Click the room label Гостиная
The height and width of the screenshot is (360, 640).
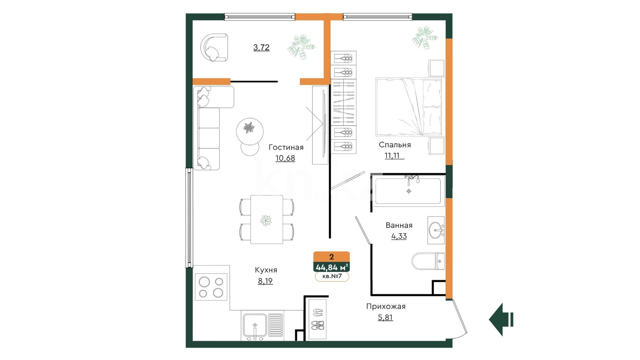tap(286, 147)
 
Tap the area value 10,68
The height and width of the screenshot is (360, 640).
tap(285, 158)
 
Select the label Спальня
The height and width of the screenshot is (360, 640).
tap(395, 145)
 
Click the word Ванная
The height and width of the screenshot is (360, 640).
tap(399, 225)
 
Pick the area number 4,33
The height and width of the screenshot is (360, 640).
tap(399, 236)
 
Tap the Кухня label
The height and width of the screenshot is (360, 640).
tap(266, 270)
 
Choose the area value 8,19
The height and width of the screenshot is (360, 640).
tap(265, 281)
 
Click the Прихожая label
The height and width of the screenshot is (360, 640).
tap(386, 306)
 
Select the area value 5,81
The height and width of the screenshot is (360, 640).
tap(385, 317)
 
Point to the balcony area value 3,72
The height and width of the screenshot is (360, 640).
tap(261, 47)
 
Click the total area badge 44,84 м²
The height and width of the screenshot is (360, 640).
tap(332, 267)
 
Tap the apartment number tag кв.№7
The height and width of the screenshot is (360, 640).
tap(332, 276)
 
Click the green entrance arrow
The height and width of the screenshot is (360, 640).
tap(501, 319)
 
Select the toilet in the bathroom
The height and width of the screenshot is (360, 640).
tap(428, 262)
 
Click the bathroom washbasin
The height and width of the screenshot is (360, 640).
tap(436, 230)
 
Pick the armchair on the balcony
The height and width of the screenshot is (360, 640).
tap(214, 47)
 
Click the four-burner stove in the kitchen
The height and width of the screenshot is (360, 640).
tap(211, 287)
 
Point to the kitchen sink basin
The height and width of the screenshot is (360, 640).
tap(255, 325)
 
